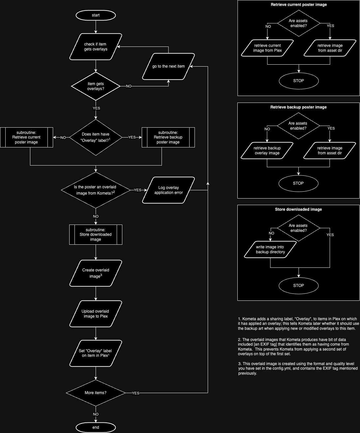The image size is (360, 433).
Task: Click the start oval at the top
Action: (96, 15)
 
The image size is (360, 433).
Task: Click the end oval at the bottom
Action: (96, 427)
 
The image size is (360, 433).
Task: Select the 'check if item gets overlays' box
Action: (96, 47)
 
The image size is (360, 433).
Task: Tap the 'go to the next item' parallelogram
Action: (168, 66)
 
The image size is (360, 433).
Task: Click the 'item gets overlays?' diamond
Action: (96, 86)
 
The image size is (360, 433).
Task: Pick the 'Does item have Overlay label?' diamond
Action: (96, 137)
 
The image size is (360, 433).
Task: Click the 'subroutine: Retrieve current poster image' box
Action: (26, 137)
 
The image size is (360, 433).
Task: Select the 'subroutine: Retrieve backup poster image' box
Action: (168, 137)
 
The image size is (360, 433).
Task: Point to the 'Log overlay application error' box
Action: (168, 190)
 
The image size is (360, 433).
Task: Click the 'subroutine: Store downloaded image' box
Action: (96, 234)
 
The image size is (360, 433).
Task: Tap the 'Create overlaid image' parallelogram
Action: (96, 273)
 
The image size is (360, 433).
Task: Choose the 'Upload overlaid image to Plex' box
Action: (96, 314)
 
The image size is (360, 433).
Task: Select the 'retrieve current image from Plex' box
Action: (267, 48)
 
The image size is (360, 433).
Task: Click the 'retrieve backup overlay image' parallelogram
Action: (267, 150)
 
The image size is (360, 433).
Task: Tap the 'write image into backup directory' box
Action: (270, 250)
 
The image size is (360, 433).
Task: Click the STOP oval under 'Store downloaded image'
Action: (299, 286)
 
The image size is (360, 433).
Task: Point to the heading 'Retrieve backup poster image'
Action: (299, 107)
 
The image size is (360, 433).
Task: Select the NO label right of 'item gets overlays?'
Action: (129, 86)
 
